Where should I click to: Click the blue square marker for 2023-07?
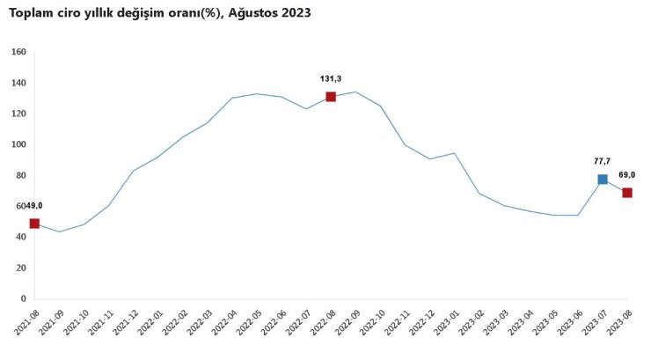(x=603, y=180)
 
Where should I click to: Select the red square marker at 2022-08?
(x=331, y=97)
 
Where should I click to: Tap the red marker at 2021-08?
(x=34, y=224)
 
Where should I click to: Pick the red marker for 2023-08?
(x=627, y=193)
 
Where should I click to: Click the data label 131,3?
(x=331, y=78)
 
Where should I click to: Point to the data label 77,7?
(x=602, y=161)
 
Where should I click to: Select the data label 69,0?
(x=627, y=175)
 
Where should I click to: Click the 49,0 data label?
(x=33, y=205)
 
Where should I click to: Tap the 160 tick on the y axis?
(x=18, y=52)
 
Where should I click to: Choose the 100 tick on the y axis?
(x=18, y=144)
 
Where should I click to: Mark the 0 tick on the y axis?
(x=23, y=298)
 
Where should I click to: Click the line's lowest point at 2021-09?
(x=59, y=231)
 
